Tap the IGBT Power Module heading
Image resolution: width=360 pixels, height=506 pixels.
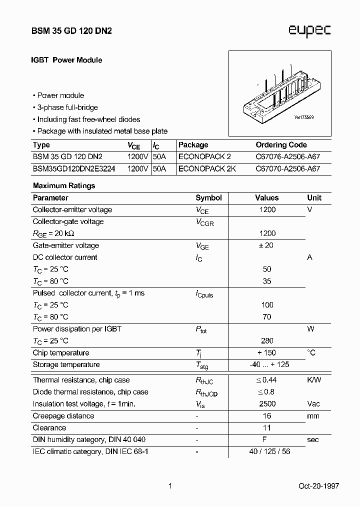point(67,60)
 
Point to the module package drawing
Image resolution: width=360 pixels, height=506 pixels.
point(279,93)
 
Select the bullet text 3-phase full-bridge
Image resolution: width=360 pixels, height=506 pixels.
point(67,107)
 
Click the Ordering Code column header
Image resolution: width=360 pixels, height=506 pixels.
point(281,145)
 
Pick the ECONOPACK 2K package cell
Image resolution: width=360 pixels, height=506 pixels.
point(207,169)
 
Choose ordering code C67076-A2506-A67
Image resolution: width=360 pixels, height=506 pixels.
point(287,157)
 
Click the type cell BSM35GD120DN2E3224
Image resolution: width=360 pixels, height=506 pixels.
point(73,169)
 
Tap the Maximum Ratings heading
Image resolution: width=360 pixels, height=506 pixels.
point(64,185)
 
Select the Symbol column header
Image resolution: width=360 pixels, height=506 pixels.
point(208,198)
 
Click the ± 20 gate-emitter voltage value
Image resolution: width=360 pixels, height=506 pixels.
point(267,245)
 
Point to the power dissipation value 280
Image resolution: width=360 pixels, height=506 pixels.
point(267,341)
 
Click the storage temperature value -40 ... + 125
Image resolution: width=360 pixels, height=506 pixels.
point(269,364)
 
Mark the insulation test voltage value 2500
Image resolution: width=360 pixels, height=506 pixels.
point(267,404)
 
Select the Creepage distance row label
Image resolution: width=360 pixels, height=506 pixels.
point(63,416)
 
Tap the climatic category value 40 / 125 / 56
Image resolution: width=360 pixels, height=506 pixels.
point(269,451)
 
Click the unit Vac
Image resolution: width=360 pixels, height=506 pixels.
point(313,404)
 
